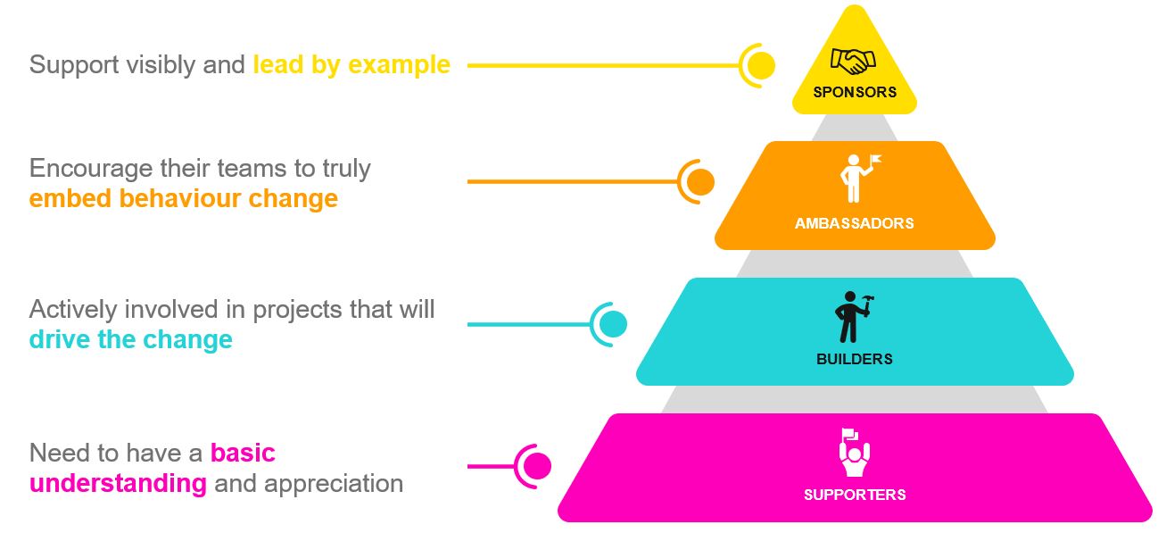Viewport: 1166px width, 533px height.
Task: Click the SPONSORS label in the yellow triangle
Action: tap(854, 92)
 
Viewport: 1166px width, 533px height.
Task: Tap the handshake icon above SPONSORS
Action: tap(853, 62)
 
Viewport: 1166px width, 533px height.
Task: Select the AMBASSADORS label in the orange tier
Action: tap(854, 223)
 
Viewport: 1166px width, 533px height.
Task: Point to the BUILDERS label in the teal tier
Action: tap(854, 359)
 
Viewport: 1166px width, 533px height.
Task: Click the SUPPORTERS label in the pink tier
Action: tap(854, 495)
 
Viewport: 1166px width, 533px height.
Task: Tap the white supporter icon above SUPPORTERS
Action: tap(854, 453)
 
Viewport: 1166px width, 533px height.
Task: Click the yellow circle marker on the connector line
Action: tap(761, 65)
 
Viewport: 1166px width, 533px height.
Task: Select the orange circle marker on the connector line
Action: tap(700, 182)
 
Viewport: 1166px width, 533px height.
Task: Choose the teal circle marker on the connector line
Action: tap(613, 324)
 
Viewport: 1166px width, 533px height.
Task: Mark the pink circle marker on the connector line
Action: tap(537, 465)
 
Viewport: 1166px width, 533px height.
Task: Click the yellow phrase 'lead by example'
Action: tap(351, 65)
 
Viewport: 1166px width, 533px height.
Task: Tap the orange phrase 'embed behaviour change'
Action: tap(183, 198)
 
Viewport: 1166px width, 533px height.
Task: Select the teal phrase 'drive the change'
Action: tap(130, 340)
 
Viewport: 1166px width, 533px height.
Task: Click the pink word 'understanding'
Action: tap(118, 483)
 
